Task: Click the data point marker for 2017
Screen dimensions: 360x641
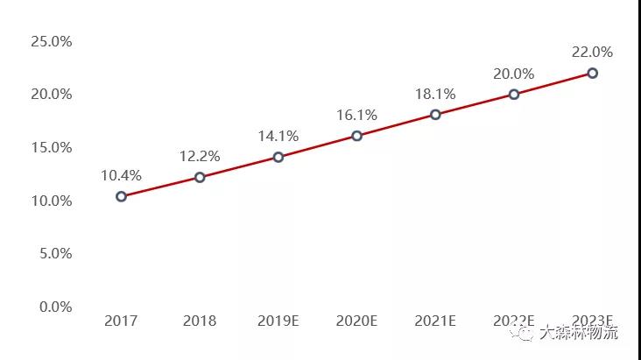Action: click(121, 196)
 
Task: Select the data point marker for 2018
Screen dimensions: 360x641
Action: click(200, 177)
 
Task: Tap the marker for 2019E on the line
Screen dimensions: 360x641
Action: click(278, 157)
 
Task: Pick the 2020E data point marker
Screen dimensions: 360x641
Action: click(357, 136)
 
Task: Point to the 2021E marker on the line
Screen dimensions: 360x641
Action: click(435, 115)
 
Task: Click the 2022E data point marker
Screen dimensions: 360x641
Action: click(514, 94)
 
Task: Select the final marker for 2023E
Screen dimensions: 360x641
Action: click(593, 73)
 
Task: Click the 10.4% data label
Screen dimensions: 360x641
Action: click(121, 175)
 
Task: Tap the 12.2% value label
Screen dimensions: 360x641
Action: click(200, 156)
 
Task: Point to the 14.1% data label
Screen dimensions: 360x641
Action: click(278, 136)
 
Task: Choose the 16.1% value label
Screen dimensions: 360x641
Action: click(357, 115)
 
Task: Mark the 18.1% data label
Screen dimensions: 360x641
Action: click(435, 94)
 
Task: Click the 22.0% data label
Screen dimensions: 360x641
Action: click(593, 52)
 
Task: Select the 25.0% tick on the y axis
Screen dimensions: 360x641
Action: click(51, 40)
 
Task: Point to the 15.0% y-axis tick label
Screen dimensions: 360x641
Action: click(51, 147)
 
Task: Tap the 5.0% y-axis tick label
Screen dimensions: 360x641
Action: click(54, 253)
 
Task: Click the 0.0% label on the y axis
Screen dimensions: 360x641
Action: click(54, 307)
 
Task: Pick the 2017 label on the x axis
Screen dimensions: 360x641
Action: click(121, 321)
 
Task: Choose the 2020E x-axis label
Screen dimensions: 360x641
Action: click(357, 321)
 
